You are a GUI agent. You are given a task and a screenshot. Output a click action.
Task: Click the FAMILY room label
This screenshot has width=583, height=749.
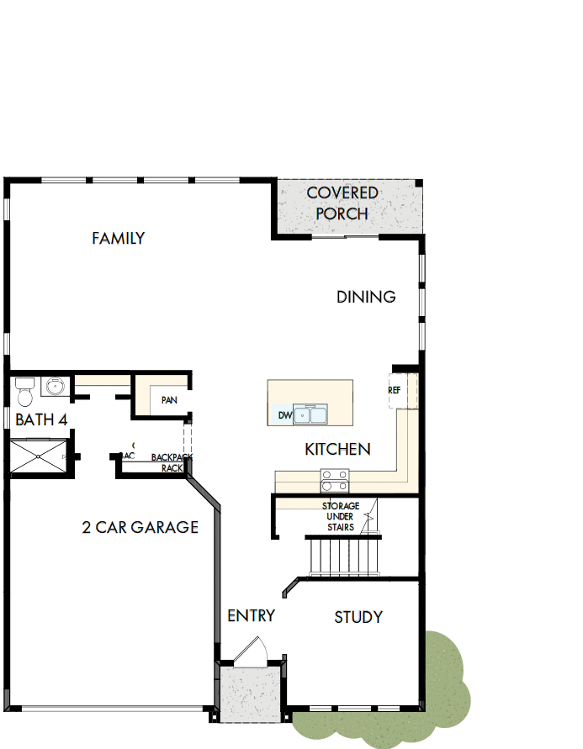(118, 239)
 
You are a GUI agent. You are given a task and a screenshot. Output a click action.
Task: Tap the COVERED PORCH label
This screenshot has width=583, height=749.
(342, 203)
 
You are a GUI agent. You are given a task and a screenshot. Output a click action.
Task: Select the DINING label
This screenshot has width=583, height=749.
(366, 297)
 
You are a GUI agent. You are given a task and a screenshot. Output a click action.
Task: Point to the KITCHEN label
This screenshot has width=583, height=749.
(337, 450)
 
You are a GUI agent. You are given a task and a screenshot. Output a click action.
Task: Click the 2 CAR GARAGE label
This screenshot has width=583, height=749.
(140, 528)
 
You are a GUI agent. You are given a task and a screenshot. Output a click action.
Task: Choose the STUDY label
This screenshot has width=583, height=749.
(358, 617)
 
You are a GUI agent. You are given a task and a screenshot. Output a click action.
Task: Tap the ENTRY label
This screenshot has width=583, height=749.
(251, 615)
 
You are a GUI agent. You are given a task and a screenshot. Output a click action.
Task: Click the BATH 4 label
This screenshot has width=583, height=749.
(41, 419)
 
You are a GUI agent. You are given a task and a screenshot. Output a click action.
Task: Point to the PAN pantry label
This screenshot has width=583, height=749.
(169, 400)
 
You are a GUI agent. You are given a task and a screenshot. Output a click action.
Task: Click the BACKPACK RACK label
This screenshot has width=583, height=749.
(172, 462)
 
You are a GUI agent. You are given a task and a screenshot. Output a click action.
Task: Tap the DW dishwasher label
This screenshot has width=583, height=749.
(284, 415)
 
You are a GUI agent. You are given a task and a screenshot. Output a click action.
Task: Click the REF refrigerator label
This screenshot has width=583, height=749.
(394, 391)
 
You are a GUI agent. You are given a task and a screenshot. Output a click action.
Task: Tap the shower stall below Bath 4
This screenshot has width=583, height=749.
(37, 456)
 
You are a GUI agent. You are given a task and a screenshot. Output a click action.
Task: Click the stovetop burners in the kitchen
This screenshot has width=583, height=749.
(334, 480)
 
